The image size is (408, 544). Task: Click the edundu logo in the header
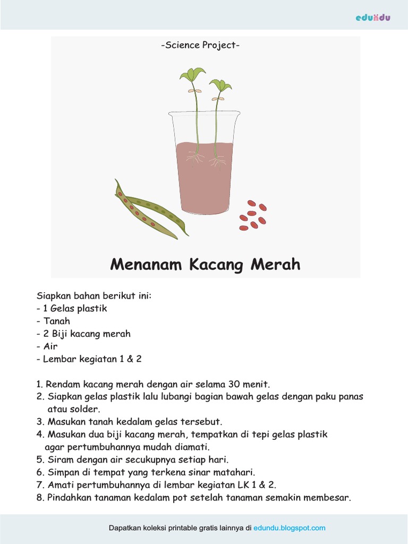pos(373,18)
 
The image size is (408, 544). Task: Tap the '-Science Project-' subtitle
pos(200,45)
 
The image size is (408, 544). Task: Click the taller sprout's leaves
pos(193,74)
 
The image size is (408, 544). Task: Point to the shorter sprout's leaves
pos(219,85)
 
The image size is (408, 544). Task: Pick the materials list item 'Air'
pos(51,346)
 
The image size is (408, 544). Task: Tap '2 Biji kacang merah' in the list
pos(86,334)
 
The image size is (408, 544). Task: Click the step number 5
pos(39,460)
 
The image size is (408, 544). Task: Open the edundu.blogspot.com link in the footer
pos(290,528)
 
